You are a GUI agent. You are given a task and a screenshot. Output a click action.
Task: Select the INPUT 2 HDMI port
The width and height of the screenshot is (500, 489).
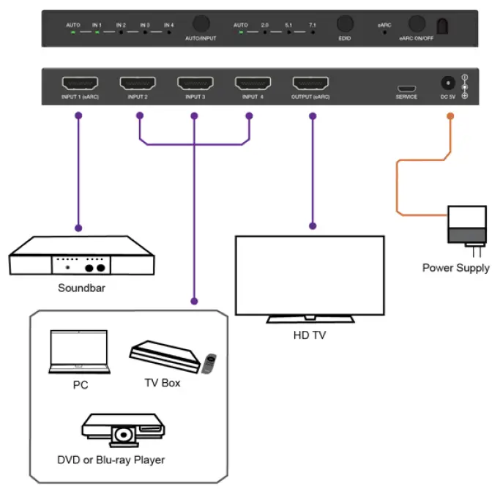pyautogui.click(x=138, y=83)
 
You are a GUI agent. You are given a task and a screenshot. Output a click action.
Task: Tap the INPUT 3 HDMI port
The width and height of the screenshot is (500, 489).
pyautogui.click(x=195, y=83)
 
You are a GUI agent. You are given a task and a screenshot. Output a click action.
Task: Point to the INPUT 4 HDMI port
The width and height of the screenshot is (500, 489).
pyautogui.click(x=252, y=83)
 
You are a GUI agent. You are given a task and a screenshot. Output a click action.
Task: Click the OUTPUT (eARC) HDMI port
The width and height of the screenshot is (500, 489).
pyautogui.click(x=311, y=83)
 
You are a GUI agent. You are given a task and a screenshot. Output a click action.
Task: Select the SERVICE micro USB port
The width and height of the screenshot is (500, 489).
pyautogui.click(x=406, y=85)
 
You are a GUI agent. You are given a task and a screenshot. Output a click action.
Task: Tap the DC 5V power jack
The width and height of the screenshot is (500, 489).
pyautogui.click(x=446, y=84)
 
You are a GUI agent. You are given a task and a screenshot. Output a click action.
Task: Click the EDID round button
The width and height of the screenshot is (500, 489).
pyautogui.click(x=344, y=24)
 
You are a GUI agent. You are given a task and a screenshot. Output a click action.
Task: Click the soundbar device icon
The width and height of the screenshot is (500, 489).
pyautogui.click(x=81, y=256)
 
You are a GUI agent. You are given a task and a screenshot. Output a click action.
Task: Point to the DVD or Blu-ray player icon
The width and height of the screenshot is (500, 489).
pyautogui.click(x=122, y=430)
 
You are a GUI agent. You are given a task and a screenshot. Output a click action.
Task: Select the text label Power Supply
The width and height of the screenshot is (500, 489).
pyautogui.click(x=455, y=268)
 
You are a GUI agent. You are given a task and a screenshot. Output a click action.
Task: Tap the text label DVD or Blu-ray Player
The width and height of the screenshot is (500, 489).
pyautogui.click(x=111, y=460)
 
